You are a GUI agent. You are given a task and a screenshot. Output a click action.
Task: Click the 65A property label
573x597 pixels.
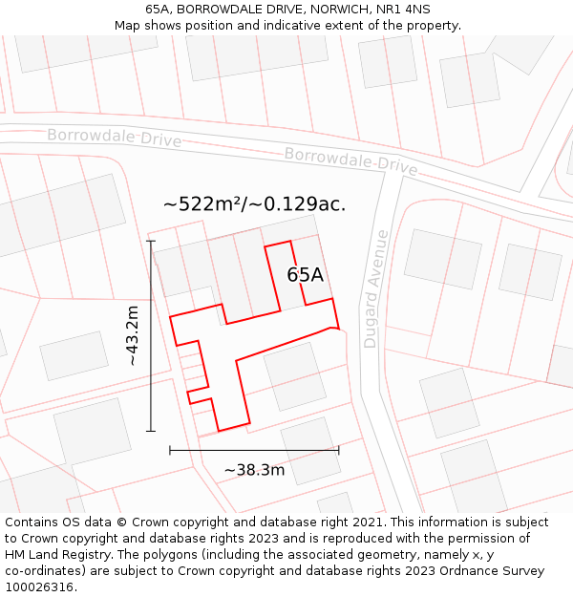click(x=306, y=275)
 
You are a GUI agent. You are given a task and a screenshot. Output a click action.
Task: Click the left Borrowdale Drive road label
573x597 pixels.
click(x=114, y=138)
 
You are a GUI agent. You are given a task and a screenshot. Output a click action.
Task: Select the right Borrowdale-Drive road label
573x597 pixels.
click(x=350, y=160)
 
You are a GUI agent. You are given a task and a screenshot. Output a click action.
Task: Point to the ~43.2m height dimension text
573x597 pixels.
click(x=133, y=335)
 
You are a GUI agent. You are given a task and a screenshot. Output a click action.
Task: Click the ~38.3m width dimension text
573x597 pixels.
click(x=254, y=470)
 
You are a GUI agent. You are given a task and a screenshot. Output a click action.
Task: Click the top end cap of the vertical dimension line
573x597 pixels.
click(x=151, y=242)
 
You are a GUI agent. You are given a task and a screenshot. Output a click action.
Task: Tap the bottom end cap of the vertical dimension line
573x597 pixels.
click(x=151, y=431)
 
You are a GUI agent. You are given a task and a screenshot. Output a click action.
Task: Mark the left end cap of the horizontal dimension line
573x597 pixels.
click(x=170, y=450)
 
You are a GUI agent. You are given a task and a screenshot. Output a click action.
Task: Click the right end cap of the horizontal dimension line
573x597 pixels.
click(x=338, y=450)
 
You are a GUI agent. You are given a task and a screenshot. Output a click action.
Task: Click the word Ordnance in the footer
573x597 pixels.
click(x=463, y=571)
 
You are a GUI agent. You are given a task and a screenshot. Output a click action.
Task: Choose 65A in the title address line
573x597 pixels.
click(x=159, y=10)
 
